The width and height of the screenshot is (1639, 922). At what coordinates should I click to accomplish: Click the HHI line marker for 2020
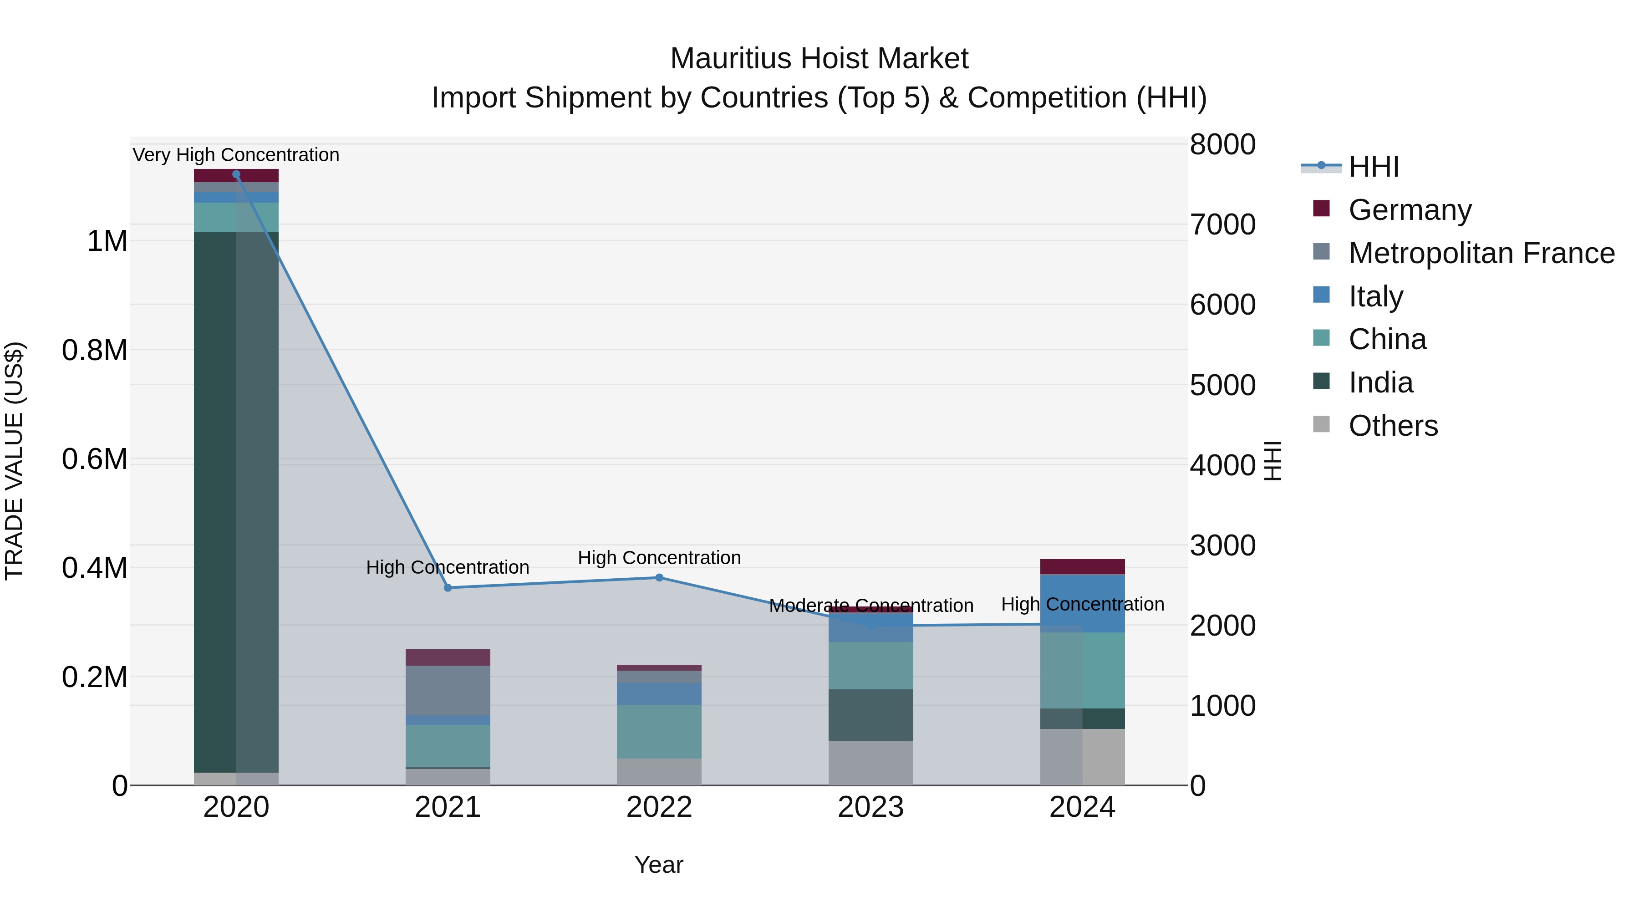[236, 174]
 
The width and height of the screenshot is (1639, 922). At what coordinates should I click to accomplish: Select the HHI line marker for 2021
[448, 588]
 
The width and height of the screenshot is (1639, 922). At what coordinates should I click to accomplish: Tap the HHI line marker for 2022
[659, 578]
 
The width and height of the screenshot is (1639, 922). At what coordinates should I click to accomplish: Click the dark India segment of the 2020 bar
[236, 503]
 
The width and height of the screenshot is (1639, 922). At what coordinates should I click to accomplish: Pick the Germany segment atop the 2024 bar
[1082, 566]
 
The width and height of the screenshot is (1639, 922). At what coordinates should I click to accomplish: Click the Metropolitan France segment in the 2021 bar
[448, 690]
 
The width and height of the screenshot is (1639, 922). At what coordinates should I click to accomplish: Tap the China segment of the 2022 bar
[659, 731]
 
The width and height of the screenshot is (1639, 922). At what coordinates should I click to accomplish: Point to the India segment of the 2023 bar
[870, 715]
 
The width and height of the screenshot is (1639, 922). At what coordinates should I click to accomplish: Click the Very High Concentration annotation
[236, 155]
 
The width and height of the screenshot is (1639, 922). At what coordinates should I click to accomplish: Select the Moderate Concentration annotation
[871, 606]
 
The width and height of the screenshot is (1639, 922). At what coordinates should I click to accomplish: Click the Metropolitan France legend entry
[1481, 253]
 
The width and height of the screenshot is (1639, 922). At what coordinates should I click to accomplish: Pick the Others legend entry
[1393, 426]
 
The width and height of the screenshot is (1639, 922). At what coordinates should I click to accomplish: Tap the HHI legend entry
[1373, 167]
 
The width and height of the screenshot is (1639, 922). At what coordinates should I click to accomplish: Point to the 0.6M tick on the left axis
[95, 459]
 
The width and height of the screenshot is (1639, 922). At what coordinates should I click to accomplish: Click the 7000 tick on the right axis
[1222, 224]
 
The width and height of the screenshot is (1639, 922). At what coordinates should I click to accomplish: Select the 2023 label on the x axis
[870, 807]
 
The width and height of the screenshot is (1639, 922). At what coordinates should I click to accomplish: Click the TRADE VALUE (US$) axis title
[15, 461]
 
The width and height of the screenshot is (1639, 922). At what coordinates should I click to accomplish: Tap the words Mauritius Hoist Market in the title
[819, 59]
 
